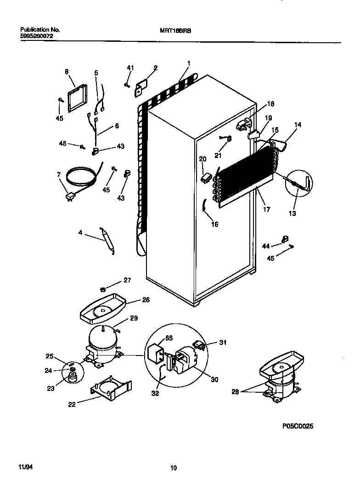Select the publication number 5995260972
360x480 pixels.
33,35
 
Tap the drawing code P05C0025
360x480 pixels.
298,426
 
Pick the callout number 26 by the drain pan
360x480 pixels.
146,300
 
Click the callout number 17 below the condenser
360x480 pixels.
266,209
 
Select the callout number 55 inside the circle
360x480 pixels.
169,338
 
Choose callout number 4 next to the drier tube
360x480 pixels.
80,233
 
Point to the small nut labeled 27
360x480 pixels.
103,289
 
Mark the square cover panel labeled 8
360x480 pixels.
76,98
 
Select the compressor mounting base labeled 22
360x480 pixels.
110,387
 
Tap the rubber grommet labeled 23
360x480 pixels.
72,377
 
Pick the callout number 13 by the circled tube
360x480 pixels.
292,213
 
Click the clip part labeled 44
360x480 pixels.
284,239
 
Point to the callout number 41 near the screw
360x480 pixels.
130,68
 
